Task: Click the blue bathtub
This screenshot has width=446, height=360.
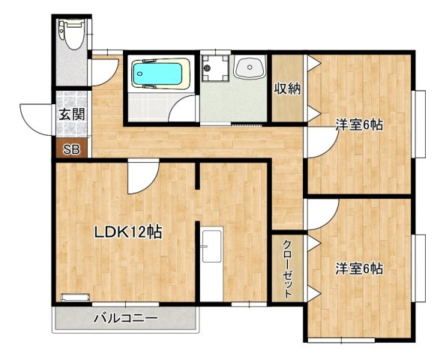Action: pos(157,74)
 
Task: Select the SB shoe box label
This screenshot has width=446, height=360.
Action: pos(70,148)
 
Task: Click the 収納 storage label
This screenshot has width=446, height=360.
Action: pos(287,88)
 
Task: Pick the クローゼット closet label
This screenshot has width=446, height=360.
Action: pos(288,268)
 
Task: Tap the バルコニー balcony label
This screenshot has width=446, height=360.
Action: pos(126,319)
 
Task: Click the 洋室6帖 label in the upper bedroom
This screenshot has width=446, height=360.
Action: pos(359,125)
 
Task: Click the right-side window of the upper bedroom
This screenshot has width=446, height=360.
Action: pos(421,124)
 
